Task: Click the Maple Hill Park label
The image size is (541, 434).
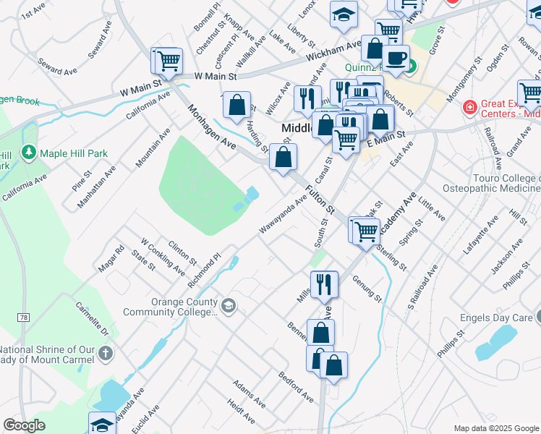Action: [74, 153]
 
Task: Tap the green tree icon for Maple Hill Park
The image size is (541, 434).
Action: [28, 153]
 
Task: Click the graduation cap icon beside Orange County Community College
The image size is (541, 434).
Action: [229, 307]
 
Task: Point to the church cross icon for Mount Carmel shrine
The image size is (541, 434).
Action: [106, 354]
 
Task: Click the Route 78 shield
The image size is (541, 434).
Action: [24, 318]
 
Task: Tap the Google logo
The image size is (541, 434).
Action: [25, 425]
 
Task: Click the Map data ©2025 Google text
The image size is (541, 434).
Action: [495, 428]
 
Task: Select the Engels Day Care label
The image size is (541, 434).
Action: [495, 318]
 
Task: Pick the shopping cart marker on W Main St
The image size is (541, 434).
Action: [169, 60]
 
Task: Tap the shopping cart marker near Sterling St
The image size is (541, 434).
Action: [367, 230]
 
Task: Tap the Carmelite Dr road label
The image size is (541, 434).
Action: [93, 319]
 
